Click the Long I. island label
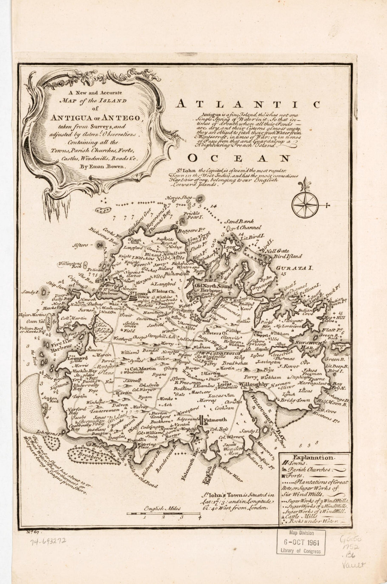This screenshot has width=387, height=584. point(226,249)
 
